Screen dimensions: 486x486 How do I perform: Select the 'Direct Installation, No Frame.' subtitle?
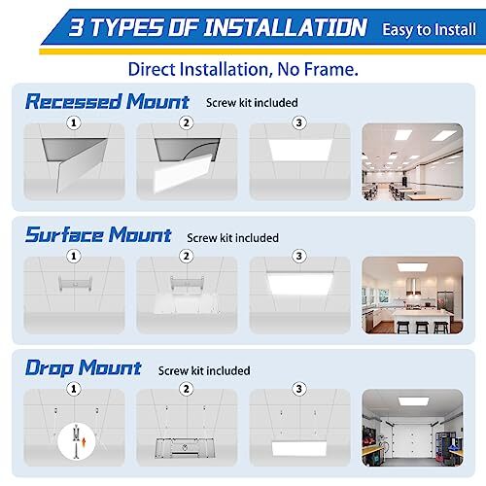(241, 69)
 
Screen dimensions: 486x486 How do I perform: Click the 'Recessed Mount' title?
(107, 101)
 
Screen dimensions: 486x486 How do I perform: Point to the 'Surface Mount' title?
(98, 235)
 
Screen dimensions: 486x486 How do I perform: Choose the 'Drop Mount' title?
(84, 368)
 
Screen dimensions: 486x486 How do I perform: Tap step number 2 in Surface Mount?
(186, 257)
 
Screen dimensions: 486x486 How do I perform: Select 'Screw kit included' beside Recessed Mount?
(252, 102)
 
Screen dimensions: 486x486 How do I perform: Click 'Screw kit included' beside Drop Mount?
(204, 370)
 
